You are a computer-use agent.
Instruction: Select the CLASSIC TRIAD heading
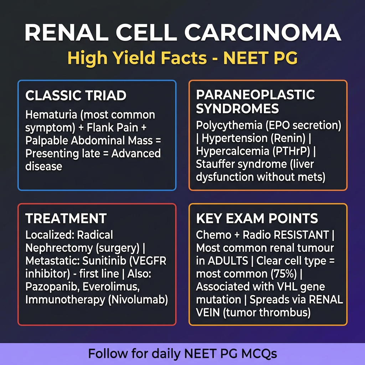pyautogui.click(x=76, y=96)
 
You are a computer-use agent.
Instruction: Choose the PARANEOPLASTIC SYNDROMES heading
pyautogui.click(x=255, y=102)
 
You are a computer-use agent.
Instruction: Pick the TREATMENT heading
pyautogui.click(x=66, y=219)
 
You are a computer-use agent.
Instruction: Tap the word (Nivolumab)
pyautogui.click(x=138, y=299)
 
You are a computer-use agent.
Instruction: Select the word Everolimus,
pyautogui.click(x=111, y=287)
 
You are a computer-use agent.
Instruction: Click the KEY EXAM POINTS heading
pyautogui.click(x=257, y=219)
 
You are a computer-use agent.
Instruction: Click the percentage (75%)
pyautogui.click(x=284, y=274)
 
